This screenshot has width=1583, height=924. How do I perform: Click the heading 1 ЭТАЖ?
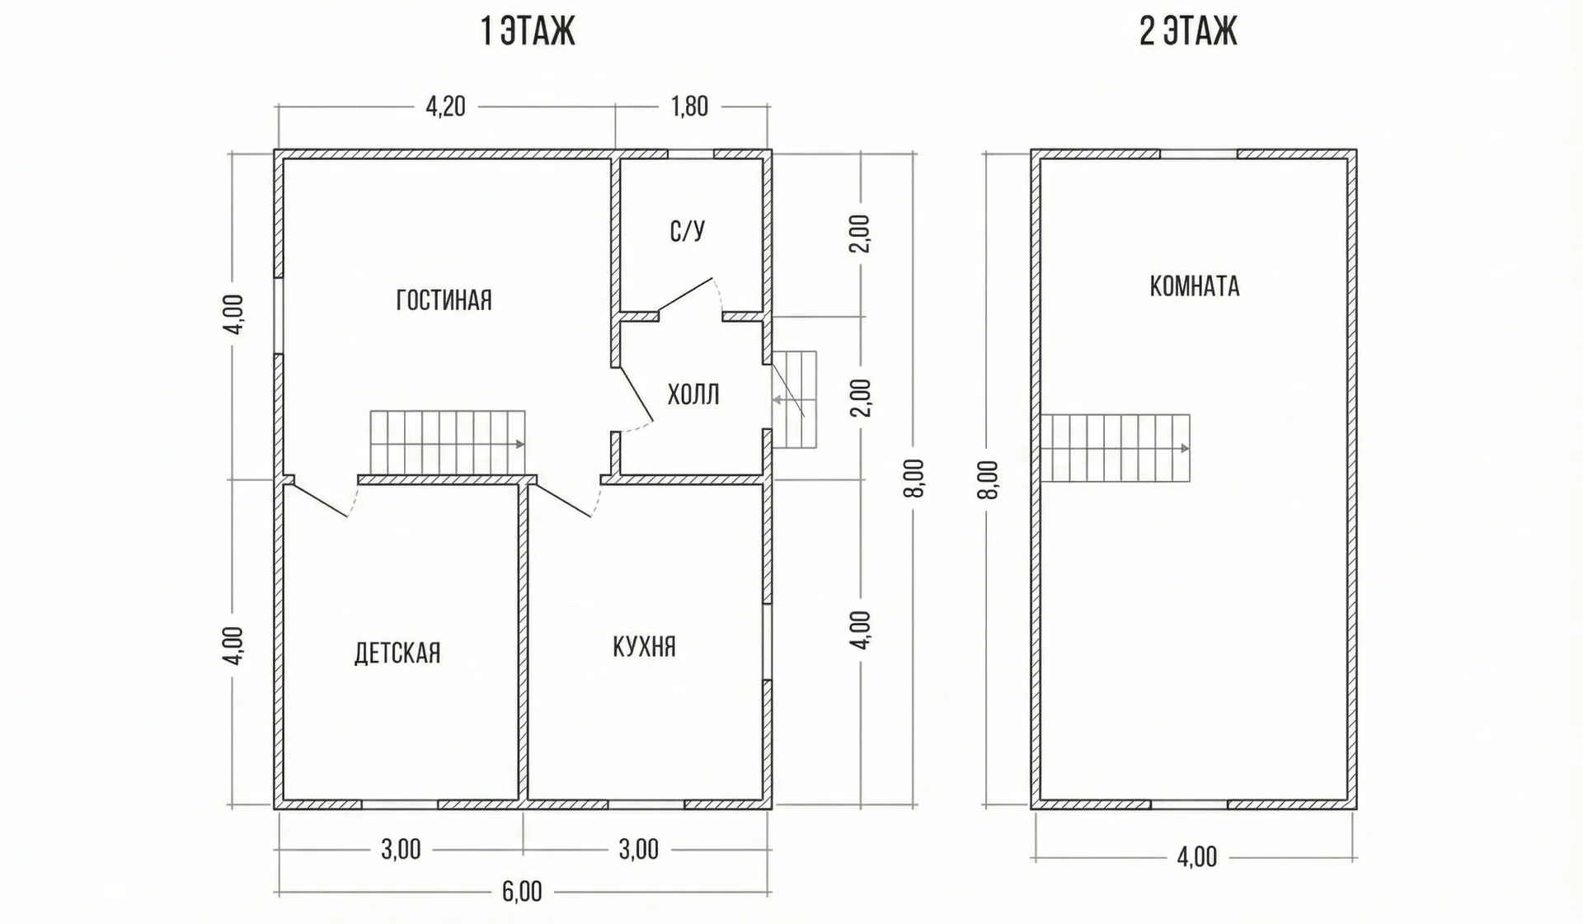(x=528, y=32)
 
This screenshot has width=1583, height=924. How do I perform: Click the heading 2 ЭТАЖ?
(x=1188, y=32)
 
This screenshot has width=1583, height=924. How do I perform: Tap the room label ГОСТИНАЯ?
(x=444, y=299)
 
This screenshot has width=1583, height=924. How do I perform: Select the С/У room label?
(x=688, y=231)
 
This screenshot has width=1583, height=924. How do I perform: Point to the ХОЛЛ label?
(x=693, y=394)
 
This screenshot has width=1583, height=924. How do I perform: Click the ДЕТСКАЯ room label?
(x=397, y=653)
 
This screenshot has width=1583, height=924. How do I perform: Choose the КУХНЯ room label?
(x=644, y=646)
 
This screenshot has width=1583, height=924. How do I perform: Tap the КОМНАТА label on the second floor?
(x=1195, y=286)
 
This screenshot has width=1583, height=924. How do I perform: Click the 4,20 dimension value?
(x=445, y=106)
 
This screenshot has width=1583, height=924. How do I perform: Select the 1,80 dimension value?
(x=689, y=106)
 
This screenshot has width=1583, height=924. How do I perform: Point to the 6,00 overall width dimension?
(x=522, y=892)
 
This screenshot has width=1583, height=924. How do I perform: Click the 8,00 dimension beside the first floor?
(x=918, y=478)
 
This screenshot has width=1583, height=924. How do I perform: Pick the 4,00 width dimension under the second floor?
(x=1197, y=857)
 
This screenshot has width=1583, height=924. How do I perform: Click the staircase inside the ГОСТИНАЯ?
(x=448, y=443)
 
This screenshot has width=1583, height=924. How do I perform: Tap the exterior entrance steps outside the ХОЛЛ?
(x=795, y=400)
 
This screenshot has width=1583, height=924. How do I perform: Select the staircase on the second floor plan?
(x=1116, y=448)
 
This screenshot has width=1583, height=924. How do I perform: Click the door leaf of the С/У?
(x=685, y=295)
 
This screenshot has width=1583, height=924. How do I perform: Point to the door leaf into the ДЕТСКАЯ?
(x=321, y=501)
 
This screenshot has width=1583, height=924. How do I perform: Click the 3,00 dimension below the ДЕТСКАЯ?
(x=401, y=849)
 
